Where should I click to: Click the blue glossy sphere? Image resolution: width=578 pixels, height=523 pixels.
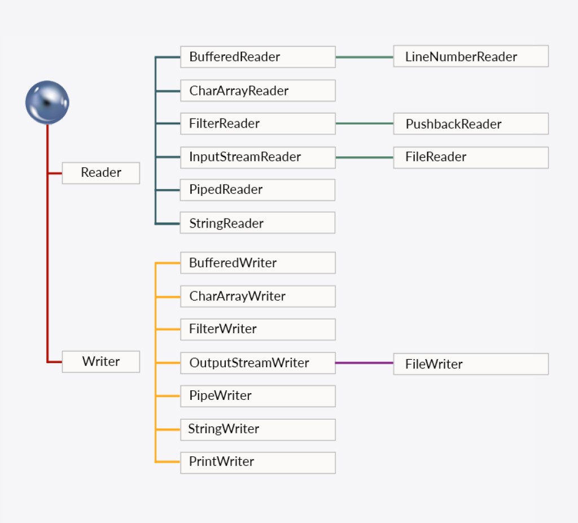click(47, 103)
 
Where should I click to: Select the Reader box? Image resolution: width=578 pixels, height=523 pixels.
click(100, 173)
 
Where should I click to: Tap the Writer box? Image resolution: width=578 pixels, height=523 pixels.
click(100, 361)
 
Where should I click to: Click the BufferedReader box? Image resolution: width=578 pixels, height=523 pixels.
click(257, 57)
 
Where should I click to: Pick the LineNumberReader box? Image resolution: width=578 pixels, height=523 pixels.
click(470, 56)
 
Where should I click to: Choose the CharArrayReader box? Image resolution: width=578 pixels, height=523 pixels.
click(257, 90)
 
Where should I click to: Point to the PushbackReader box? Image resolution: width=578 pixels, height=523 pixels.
click(470, 124)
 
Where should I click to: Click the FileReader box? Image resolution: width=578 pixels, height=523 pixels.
click(470, 157)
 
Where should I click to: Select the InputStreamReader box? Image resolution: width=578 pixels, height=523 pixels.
click(257, 157)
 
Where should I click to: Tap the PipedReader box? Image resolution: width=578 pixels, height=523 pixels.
click(257, 190)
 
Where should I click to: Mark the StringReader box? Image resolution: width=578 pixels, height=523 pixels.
click(257, 223)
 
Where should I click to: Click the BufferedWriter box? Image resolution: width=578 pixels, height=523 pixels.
click(257, 263)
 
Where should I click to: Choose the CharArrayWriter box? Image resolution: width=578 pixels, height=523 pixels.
click(257, 296)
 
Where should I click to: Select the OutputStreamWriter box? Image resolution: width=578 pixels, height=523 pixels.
click(257, 363)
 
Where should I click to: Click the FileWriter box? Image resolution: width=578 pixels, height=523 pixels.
click(470, 364)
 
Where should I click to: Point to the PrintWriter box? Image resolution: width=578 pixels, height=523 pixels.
click(257, 462)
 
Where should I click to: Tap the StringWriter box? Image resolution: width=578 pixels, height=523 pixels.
click(257, 429)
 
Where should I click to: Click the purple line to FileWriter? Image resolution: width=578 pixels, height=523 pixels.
click(364, 363)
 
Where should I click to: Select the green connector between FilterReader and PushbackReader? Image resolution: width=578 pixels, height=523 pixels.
click(364, 123)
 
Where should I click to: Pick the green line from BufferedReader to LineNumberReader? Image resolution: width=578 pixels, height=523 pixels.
click(364, 57)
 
